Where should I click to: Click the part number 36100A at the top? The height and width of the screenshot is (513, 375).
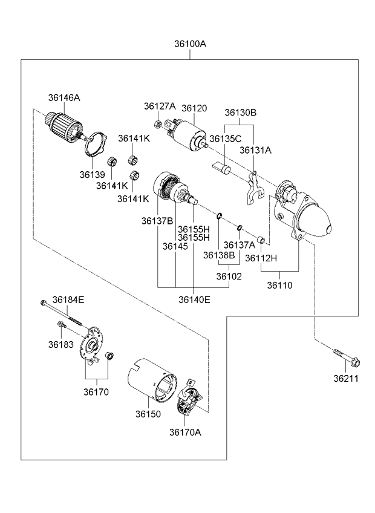(190, 44)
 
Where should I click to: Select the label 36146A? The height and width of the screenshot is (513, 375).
(64, 97)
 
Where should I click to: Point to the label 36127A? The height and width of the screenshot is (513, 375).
(160, 106)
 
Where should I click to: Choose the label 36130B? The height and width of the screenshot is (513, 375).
(241, 113)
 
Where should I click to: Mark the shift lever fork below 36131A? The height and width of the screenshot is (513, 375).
(253, 188)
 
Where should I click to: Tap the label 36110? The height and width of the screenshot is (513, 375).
(279, 285)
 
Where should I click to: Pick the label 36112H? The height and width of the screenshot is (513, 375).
(261, 258)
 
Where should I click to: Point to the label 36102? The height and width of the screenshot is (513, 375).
(228, 276)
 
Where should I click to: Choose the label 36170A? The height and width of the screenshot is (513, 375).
(185, 432)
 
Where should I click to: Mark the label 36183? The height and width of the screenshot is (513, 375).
(60, 344)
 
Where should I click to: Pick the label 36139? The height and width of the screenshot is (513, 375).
(92, 174)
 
